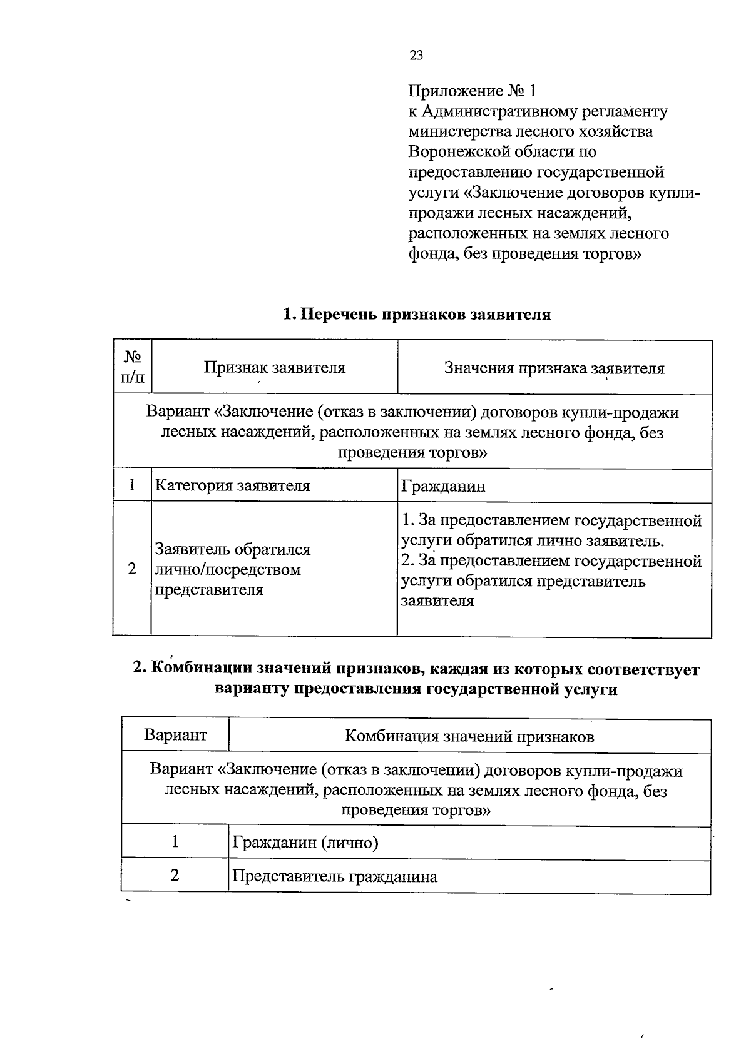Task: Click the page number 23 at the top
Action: [x=416, y=56]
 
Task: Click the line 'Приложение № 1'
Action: [x=472, y=91]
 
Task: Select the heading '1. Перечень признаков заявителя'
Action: [x=417, y=315]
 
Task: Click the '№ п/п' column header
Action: [x=132, y=367]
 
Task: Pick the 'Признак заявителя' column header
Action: [x=274, y=368]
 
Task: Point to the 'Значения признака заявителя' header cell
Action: [x=554, y=368]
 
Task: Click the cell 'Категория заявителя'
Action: [x=232, y=486]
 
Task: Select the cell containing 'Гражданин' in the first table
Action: [x=443, y=487]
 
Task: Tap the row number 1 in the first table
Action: [x=132, y=485]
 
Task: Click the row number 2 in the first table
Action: [x=132, y=569]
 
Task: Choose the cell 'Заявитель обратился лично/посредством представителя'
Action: [x=233, y=570]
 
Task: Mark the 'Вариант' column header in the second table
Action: [x=175, y=735]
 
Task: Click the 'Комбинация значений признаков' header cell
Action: [x=469, y=736]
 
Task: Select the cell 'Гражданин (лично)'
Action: [x=305, y=843]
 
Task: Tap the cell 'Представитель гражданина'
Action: [x=334, y=876]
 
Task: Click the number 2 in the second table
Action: [x=175, y=875]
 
